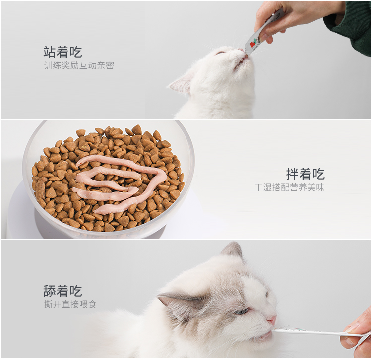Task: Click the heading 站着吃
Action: (62, 52)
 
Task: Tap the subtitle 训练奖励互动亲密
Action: (79, 65)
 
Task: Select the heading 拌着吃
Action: (306, 174)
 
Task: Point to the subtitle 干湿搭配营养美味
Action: (290, 187)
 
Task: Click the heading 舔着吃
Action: (62, 291)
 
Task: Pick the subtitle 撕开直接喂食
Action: (70, 304)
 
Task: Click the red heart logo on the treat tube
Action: (252, 44)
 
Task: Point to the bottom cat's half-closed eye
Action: (242, 311)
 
